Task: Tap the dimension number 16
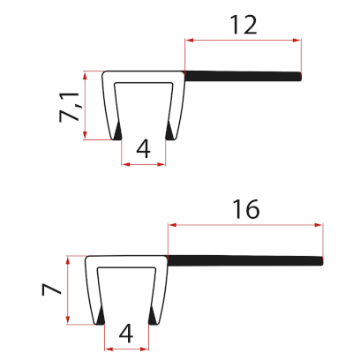pyautogui.click(x=245, y=209)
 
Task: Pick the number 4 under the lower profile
pyautogui.click(x=125, y=334)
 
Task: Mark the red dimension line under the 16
pyautogui.click(x=245, y=224)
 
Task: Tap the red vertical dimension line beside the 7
pyautogui.click(x=67, y=289)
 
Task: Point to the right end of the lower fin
pyautogui.click(x=323, y=260)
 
